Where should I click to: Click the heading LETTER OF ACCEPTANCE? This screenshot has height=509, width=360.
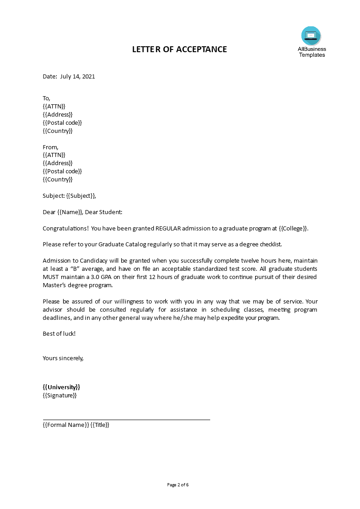(x=179, y=49)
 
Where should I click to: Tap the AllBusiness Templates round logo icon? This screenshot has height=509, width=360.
(x=311, y=36)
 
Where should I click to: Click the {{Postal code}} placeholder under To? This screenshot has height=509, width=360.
(x=62, y=123)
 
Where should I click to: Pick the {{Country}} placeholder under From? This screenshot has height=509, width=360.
(x=58, y=180)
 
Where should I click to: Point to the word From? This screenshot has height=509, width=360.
(x=50, y=147)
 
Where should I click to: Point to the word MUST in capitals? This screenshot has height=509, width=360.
(x=51, y=277)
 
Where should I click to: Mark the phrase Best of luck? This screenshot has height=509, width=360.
(x=59, y=334)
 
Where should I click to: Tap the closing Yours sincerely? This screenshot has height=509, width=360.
(x=63, y=358)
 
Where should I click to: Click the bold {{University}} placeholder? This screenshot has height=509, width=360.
(x=61, y=387)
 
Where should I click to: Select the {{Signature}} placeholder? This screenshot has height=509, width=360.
(x=59, y=396)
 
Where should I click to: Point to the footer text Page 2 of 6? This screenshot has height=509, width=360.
(x=178, y=485)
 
